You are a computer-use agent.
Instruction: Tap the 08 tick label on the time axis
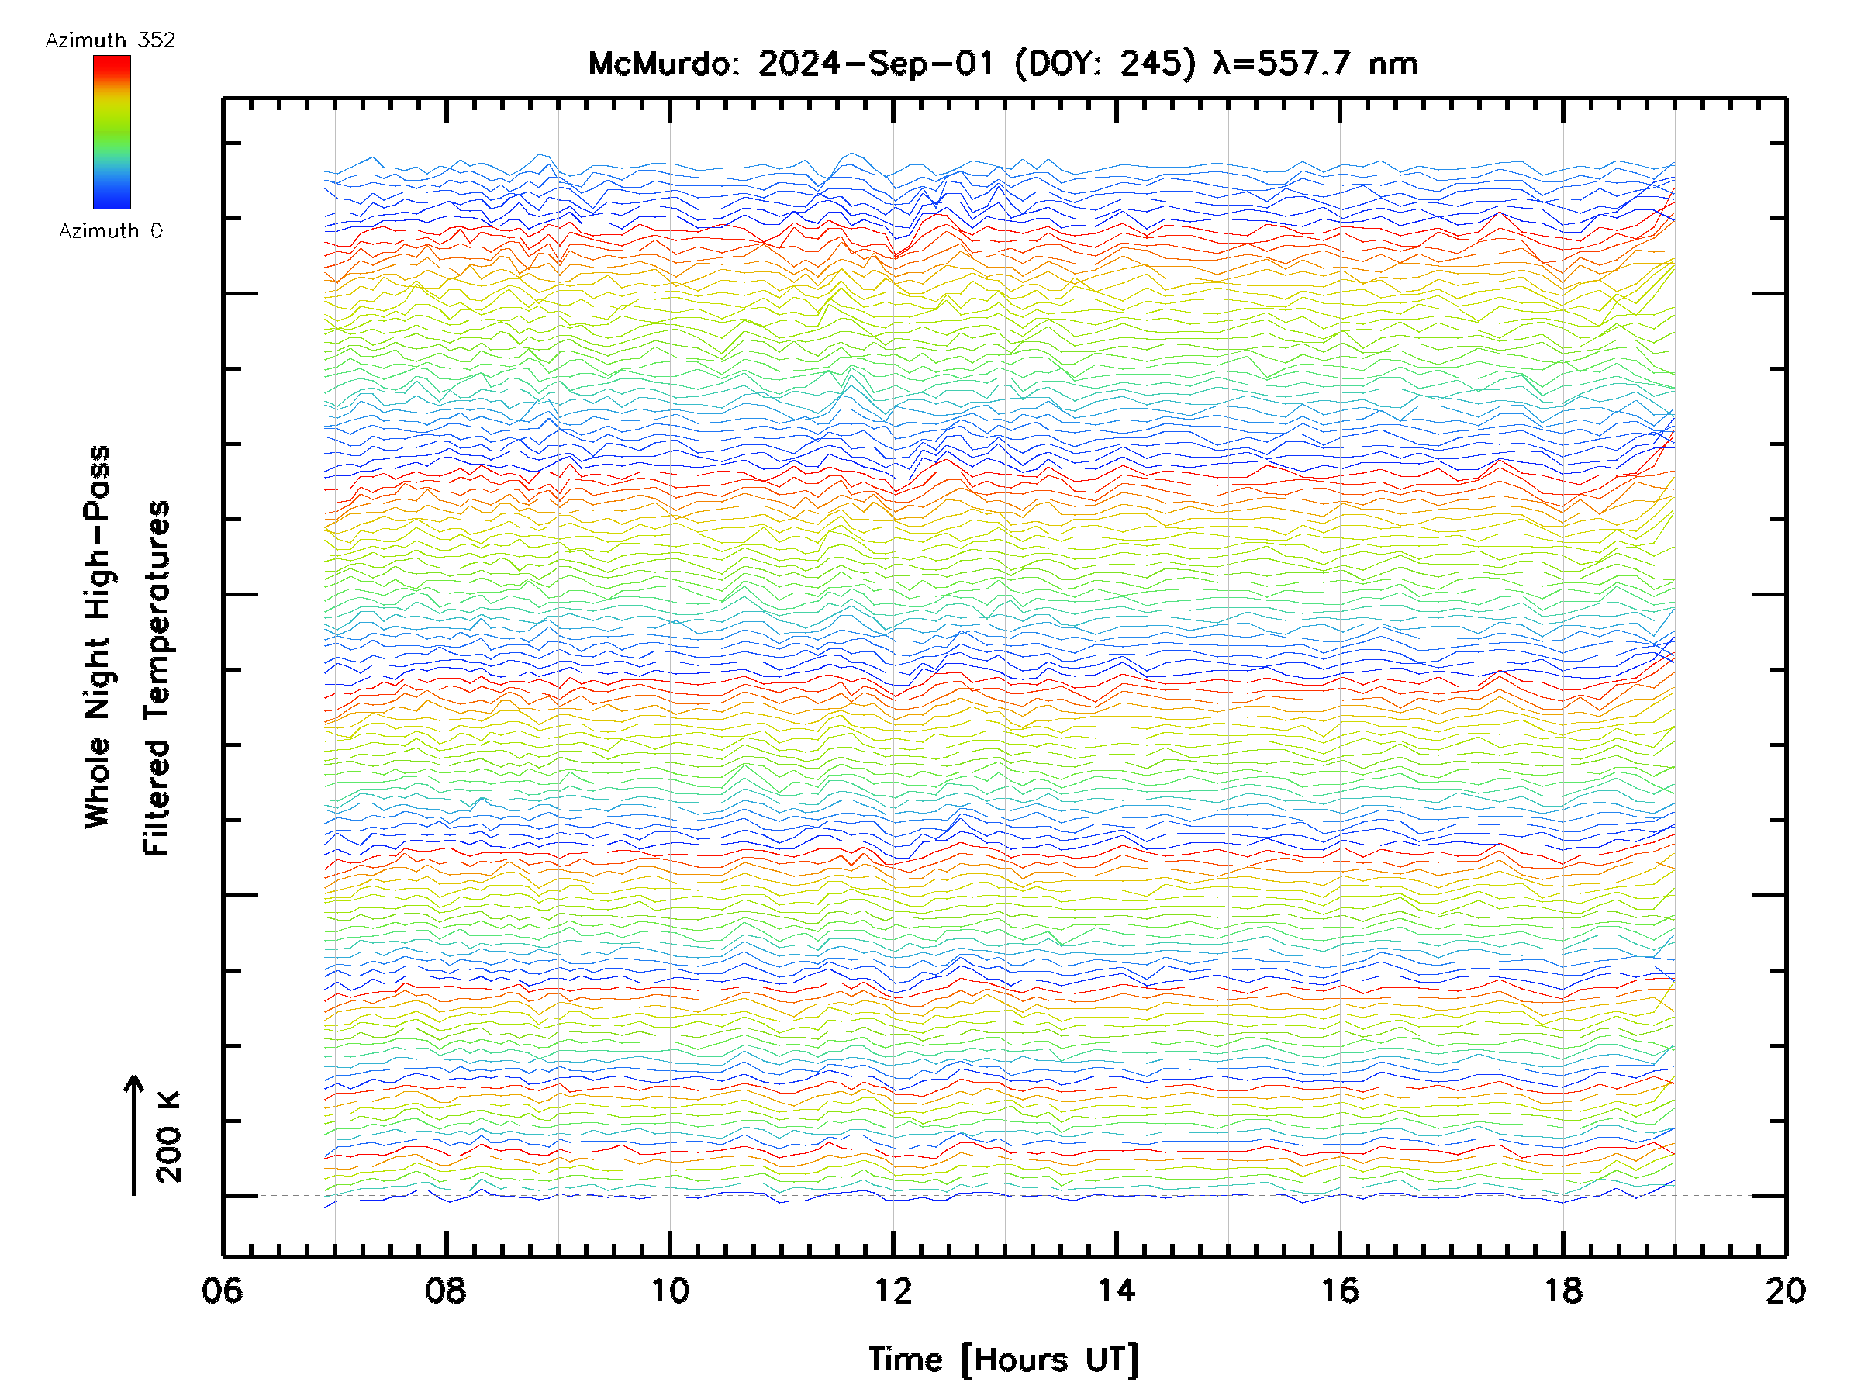point(446,1291)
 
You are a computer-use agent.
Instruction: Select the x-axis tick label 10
point(670,1291)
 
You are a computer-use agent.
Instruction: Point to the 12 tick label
point(893,1291)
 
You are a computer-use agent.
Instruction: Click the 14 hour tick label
point(1117,1291)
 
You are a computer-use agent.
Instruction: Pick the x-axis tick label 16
point(1339,1291)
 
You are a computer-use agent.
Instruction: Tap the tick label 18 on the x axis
point(1563,1291)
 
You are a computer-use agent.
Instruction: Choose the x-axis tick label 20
point(1785,1291)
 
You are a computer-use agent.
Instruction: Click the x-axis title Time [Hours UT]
point(1003,1360)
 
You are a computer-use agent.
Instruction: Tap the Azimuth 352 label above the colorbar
point(110,40)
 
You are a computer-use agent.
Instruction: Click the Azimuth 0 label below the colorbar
point(110,230)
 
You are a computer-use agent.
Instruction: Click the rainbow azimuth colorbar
point(112,132)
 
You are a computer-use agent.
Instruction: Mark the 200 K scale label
point(169,1137)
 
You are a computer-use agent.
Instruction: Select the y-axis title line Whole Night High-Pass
point(98,637)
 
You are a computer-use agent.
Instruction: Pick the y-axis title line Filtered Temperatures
point(157,679)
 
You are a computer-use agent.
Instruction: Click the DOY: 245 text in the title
point(1105,64)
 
